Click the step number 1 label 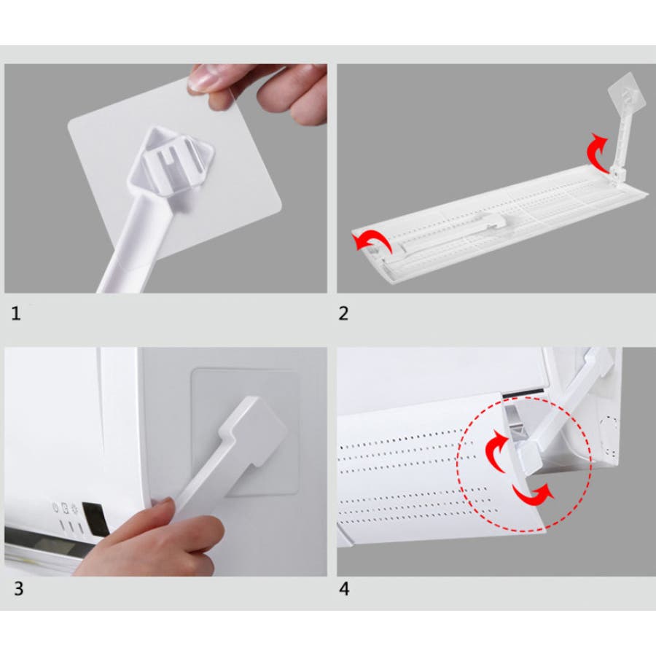coord(16,313)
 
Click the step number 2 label coord(343,313)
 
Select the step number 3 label coord(18,589)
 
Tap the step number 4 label coord(344,589)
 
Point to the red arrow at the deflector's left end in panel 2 coord(372,243)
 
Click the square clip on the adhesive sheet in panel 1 coord(171,164)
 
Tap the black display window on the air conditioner coord(95,519)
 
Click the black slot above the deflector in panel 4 coord(523,393)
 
